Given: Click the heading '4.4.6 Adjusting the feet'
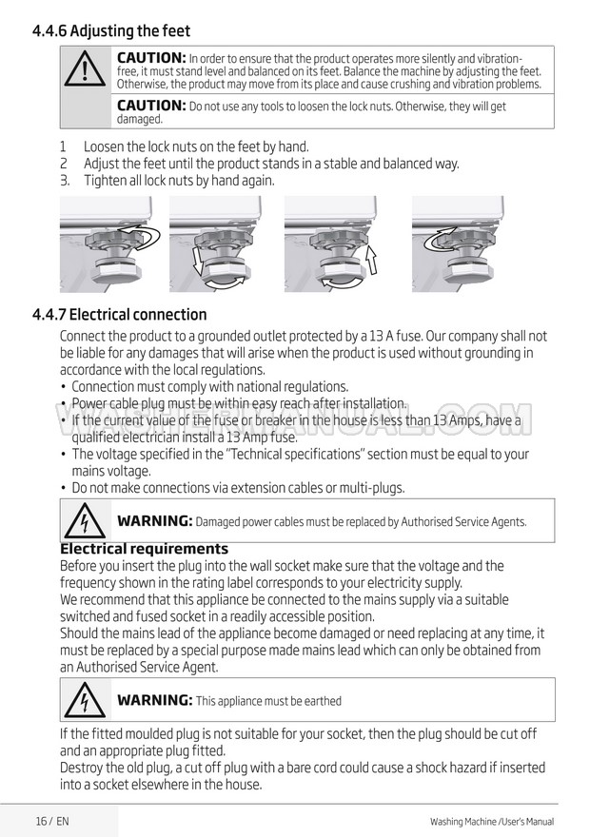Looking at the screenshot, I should [x=110, y=31].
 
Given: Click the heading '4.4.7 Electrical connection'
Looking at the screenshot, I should [x=119, y=315].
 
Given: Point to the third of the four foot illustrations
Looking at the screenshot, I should [x=330, y=243].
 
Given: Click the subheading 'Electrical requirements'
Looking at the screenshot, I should [x=144, y=549].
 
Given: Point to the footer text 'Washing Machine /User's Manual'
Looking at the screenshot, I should [x=491, y=822].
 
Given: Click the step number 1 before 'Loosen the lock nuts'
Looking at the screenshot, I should [x=64, y=147].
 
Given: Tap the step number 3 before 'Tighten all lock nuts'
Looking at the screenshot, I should [x=64, y=181].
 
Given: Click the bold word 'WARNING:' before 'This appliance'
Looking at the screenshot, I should [x=154, y=701].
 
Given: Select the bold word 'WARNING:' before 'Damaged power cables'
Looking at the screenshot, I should [x=154, y=521].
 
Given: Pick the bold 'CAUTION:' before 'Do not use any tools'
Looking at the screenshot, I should [x=150, y=106].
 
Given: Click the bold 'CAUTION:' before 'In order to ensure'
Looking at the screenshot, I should [x=150, y=58].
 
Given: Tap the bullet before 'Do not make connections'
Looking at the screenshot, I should [x=63, y=489].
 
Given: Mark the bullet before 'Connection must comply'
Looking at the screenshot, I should [x=63, y=387].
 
